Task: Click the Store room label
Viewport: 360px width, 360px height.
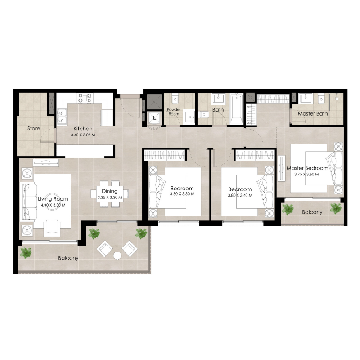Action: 34,129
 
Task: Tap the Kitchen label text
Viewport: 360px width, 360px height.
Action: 83,129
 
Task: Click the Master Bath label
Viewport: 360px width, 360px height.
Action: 313,114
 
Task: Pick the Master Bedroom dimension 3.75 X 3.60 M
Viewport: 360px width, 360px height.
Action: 306,174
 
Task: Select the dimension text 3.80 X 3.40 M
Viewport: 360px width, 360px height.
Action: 240,195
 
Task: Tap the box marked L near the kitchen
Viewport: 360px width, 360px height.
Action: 155,117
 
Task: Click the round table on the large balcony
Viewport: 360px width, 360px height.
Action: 117,256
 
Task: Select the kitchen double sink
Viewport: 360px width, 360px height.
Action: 62,117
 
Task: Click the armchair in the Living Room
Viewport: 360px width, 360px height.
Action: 52,227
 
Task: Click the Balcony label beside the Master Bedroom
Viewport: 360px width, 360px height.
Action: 312,212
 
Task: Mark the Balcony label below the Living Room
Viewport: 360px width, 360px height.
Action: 68,258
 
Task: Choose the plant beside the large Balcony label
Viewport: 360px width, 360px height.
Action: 27,253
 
